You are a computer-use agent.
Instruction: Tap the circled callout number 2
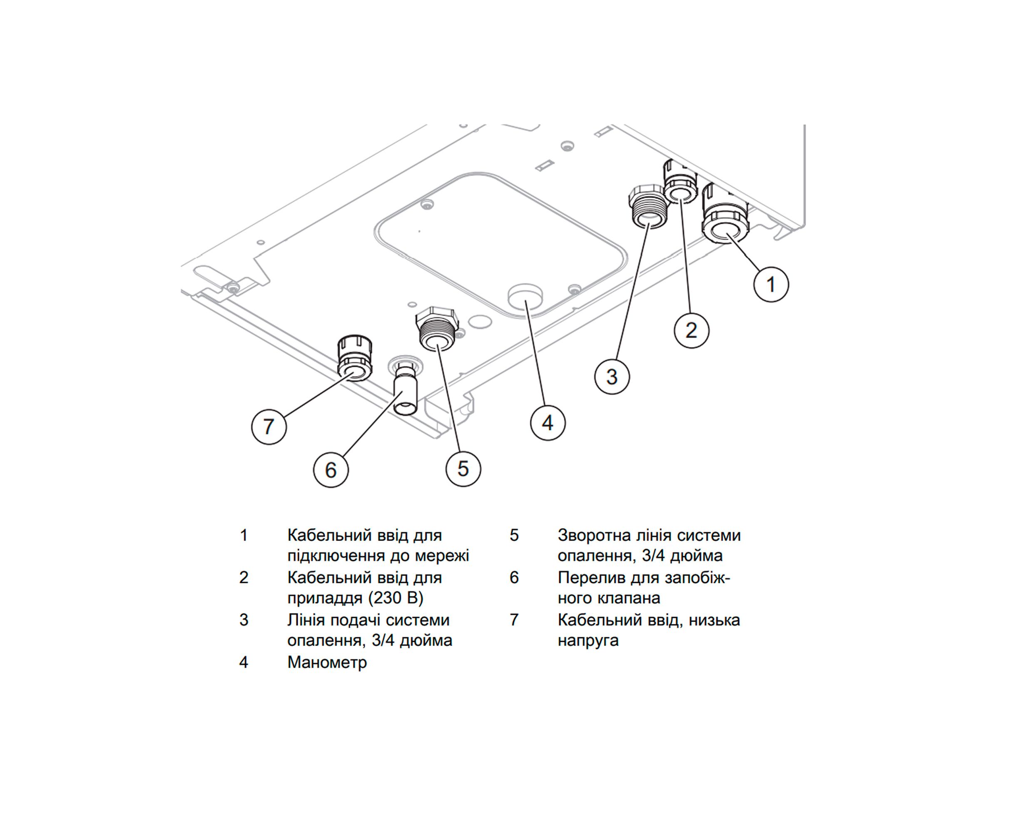click(x=691, y=330)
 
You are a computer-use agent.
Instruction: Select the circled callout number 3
click(x=612, y=377)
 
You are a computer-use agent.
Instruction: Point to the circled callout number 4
click(x=548, y=423)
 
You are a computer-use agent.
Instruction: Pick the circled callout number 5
click(x=463, y=469)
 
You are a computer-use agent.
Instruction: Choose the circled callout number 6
click(x=331, y=470)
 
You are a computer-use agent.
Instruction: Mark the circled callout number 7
click(x=269, y=426)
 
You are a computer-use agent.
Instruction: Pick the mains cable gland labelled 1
click(x=724, y=221)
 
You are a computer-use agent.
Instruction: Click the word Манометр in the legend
click(x=327, y=662)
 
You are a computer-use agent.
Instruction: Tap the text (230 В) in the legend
click(x=396, y=598)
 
